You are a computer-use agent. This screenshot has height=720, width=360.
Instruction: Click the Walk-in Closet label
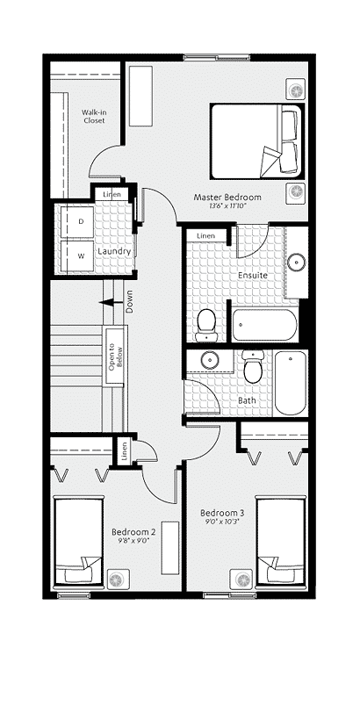(94, 116)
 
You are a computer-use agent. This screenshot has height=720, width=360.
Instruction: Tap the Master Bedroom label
(227, 198)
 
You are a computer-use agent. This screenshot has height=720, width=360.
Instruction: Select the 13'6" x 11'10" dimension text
(227, 206)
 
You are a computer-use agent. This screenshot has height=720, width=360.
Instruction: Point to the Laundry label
(114, 252)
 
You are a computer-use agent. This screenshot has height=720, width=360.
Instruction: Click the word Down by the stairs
(129, 301)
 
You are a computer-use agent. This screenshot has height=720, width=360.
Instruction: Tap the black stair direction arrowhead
(106, 302)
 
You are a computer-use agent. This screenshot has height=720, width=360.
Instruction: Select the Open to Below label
(115, 358)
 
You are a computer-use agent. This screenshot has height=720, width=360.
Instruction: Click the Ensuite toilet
(206, 326)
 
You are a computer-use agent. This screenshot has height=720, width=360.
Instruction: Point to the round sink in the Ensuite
(297, 262)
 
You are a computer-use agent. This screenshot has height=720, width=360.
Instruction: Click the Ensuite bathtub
(264, 325)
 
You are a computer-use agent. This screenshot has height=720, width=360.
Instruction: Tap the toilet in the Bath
(253, 367)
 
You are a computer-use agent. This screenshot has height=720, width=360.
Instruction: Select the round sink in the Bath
(210, 359)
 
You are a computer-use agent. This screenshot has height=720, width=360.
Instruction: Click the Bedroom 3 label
(222, 513)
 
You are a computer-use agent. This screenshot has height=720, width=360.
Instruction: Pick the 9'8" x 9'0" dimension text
(133, 541)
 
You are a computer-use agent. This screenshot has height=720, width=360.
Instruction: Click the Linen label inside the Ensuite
(205, 236)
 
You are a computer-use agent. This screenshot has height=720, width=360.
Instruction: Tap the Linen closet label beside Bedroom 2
(123, 452)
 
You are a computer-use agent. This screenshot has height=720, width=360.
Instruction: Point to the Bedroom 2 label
(133, 532)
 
